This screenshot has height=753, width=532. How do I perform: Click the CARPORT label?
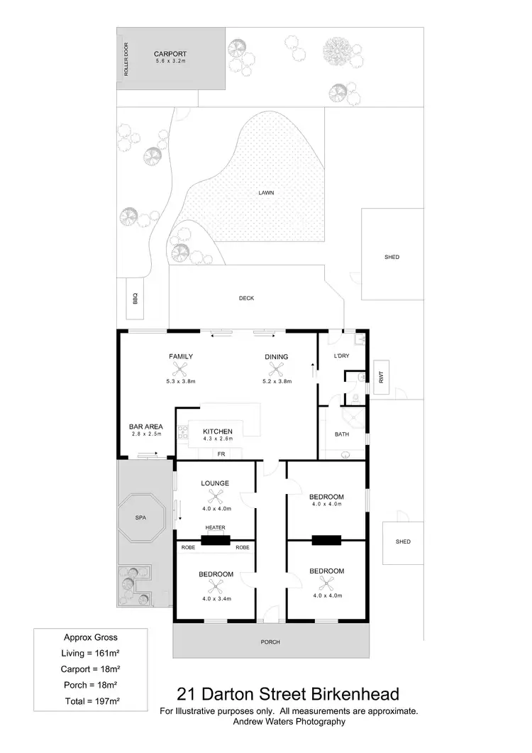(x=170, y=53)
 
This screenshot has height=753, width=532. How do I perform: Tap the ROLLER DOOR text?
(x=126, y=60)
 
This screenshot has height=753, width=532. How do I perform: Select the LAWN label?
(x=266, y=192)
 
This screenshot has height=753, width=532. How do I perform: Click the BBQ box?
(x=133, y=299)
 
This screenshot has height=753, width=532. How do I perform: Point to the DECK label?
(x=246, y=298)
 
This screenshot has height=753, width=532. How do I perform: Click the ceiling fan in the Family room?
(x=180, y=369)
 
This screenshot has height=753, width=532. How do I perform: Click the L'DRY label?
(x=341, y=356)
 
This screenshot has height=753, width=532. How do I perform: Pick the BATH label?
(x=342, y=434)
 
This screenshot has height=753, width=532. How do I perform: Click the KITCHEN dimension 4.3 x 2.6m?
(x=217, y=440)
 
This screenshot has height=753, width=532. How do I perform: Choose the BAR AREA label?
(x=145, y=427)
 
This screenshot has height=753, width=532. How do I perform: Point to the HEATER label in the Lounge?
(x=216, y=528)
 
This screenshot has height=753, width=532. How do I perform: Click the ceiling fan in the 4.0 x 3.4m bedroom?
(x=216, y=587)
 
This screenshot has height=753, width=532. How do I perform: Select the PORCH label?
(x=270, y=642)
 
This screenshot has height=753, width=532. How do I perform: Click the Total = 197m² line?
(x=90, y=700)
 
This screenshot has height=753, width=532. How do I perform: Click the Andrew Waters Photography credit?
(x=289, y=721)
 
